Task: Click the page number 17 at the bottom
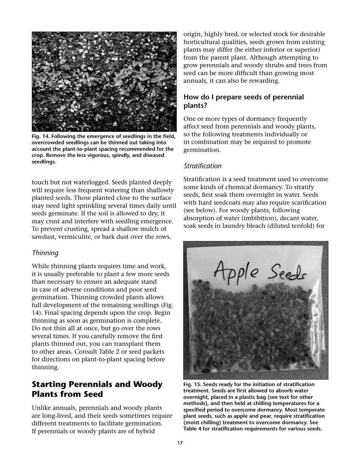click(x=180, y=443)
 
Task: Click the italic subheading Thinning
click(x=45, y=253)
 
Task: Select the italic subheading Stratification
click(x=202, y=166)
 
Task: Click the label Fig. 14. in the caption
click(x=41, y=136)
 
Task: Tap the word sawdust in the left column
click(x=44, y=237)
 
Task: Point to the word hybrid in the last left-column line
click(x=144, y=431)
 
